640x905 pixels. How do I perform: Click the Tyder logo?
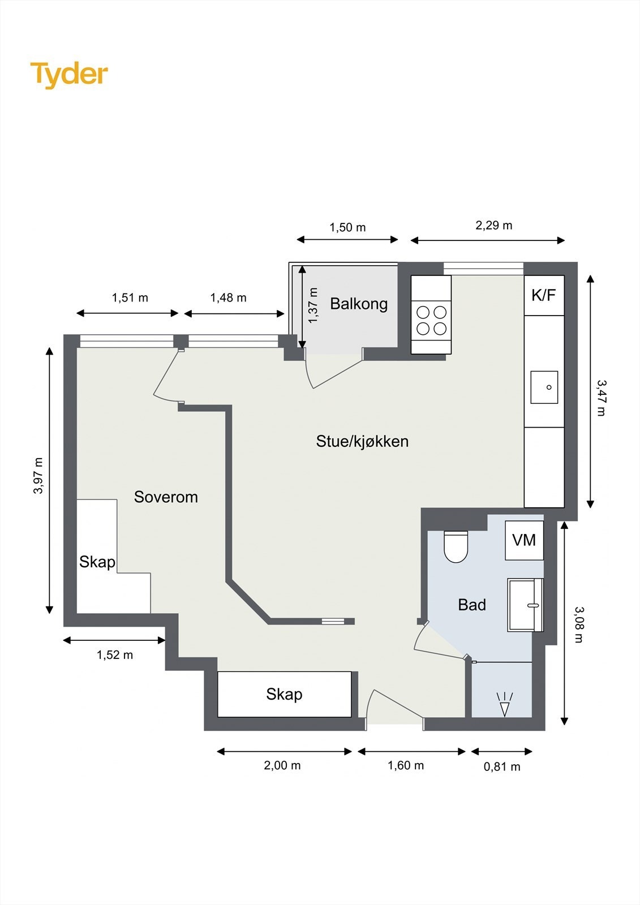pos(69,75)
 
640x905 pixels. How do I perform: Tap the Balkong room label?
pos(359,303)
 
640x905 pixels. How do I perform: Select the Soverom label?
pos(166,497)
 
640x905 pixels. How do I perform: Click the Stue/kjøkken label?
pos(362,441)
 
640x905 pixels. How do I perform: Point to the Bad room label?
pos(472,605)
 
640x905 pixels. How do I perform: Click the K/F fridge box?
pos(544,295)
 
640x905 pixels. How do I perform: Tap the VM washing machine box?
pos(524,540)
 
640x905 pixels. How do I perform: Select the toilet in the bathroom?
pos(456,546)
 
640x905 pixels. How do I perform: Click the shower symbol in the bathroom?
pos(505,705)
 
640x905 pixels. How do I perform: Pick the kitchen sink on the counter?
pos(544,387)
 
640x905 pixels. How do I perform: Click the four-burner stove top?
pos(431,320)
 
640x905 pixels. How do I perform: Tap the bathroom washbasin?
pos(525,605)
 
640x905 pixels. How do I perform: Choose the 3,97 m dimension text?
pos(38,476)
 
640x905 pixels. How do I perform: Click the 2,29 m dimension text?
pos(493,226)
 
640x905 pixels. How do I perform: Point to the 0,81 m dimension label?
pos(502,767)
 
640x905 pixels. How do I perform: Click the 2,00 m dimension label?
pos(282,765)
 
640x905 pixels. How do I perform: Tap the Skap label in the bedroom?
pos(97,562)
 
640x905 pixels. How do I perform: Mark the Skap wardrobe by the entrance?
pos(284,694)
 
